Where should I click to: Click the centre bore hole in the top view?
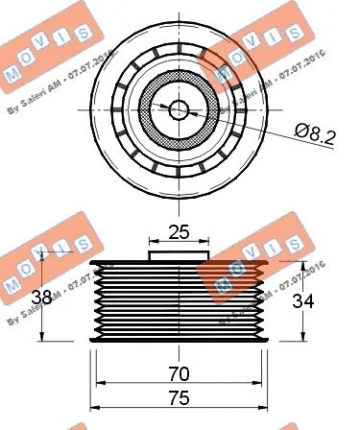[x=180, y=108]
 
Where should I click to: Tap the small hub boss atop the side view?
[x=180, y=254]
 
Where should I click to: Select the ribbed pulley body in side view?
[x=180, y=299]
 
